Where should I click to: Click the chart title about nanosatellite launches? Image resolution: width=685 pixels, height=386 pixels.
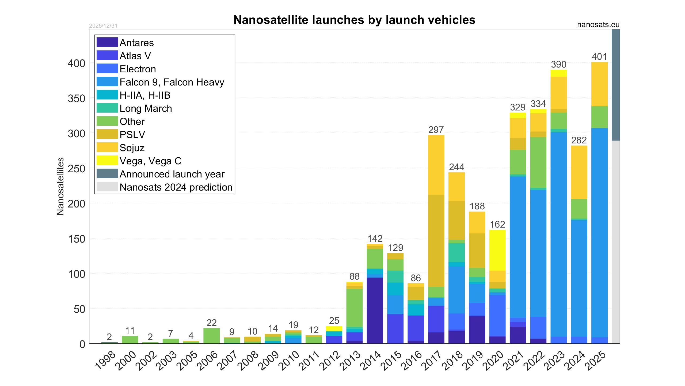[354, 20]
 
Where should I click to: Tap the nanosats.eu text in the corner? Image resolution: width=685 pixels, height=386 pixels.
[598, 25]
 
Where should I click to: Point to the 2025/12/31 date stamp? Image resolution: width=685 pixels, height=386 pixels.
[103, 26]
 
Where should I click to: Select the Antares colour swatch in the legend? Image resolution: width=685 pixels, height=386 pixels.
[107, 42]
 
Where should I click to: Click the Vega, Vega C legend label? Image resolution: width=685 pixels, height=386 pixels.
[150, 161]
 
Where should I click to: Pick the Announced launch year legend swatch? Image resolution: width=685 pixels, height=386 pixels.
[107, 174]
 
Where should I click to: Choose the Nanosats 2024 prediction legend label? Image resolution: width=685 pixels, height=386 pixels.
[176, 187]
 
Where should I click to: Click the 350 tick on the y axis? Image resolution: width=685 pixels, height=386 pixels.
[76, 99]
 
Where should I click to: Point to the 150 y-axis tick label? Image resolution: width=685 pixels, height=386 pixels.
[76, 239]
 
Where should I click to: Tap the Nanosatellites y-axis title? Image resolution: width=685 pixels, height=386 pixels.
[60, 186]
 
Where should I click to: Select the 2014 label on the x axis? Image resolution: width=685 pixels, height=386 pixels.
[370, 361]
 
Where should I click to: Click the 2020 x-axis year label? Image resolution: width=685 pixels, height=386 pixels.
[493, 361]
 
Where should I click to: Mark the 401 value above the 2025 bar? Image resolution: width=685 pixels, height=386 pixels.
[599, 57]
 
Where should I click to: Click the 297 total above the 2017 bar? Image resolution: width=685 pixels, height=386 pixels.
[436, 130]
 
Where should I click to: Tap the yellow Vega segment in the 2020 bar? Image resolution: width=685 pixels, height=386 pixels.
[497, 250]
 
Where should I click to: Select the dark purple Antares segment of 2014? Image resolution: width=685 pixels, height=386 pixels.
[375, 310]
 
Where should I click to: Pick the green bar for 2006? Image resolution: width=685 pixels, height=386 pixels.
[211, 336]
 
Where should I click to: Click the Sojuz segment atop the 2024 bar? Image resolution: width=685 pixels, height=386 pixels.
[579, 172]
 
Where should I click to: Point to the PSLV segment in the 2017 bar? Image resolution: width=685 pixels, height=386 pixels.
[436, 240]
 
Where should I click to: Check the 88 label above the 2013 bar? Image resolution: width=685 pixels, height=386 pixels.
[355, 276]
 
